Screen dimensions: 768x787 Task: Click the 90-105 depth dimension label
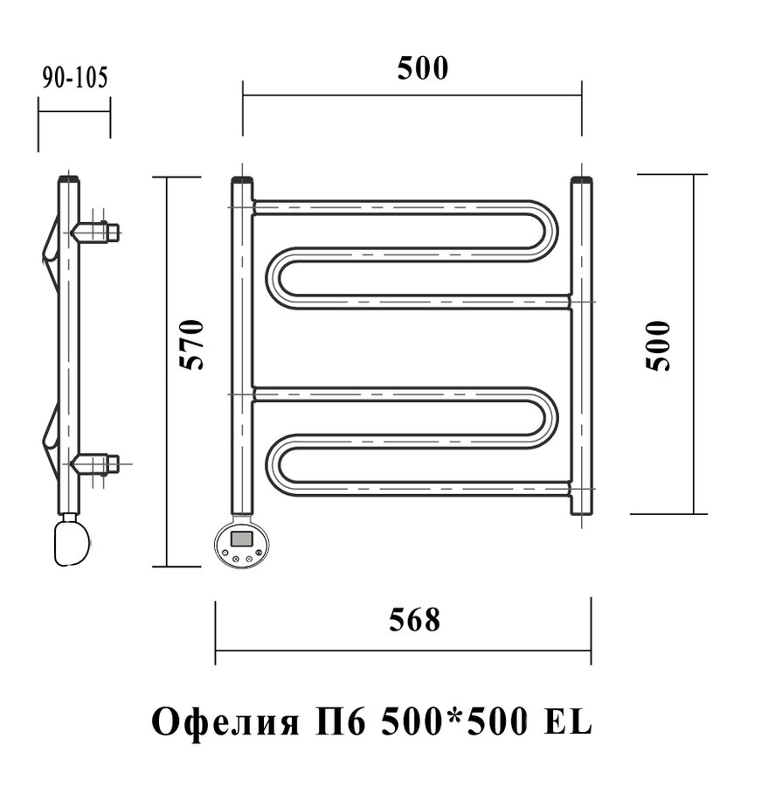click(x=75, y=78)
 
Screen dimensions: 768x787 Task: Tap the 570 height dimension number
click(x=192, y=345)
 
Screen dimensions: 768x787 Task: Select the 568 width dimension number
click(x=415, y=619)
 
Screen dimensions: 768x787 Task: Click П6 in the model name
click(x=341, y=721)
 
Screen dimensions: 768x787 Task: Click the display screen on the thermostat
click(x=241, y=539)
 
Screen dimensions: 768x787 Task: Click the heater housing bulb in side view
click(x=73, y=542)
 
